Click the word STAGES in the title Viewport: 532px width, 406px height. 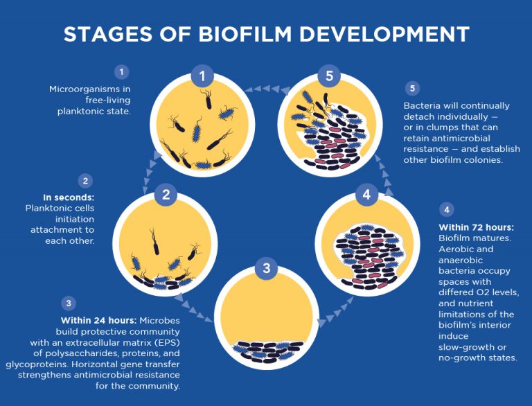click(x=107, y=34)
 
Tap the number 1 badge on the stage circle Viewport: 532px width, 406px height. click(x=202, y=76)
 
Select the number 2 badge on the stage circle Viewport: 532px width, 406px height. click(x=166, y=195)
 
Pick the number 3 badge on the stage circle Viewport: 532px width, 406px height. click(x=265, y=269)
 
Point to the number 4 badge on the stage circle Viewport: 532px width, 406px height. click(x=366, y=195)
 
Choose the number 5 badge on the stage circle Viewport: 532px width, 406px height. click(x=330, y=76)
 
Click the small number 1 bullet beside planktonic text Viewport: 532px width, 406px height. click(x=122, y=71)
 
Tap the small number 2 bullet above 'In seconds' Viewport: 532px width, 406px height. click(x=85, y=182)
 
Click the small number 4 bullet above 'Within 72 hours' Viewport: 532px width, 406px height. click(x=447, y=209)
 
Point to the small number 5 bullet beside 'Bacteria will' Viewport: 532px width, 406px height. click(x=413, y=89)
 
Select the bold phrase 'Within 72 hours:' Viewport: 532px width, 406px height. click(x=476, y=227)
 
